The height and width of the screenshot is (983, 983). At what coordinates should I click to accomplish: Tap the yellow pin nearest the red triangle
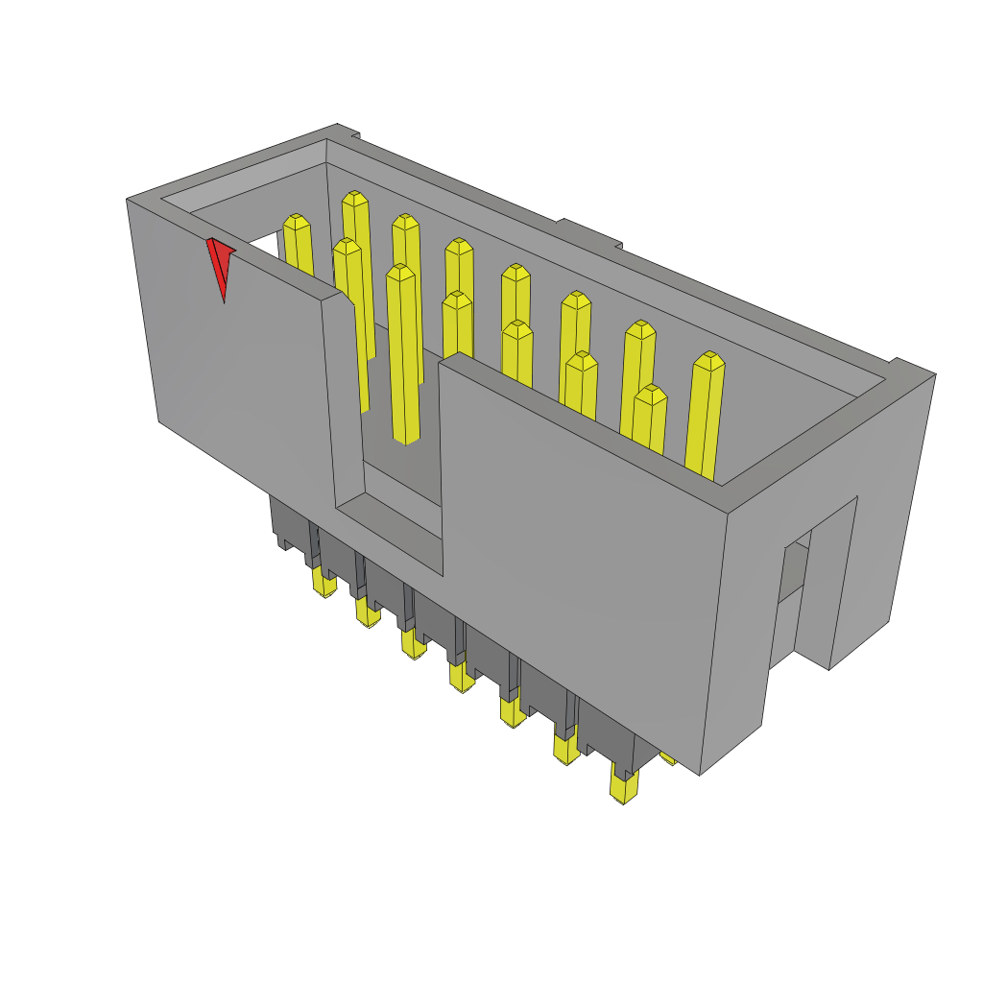(x=299, y=244)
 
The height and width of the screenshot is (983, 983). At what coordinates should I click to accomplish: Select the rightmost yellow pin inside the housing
(x=706, y=413)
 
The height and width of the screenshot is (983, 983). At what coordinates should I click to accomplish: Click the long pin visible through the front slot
(x=403, y=355)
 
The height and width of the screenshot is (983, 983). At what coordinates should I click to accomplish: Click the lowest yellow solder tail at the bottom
(x=625, y=788)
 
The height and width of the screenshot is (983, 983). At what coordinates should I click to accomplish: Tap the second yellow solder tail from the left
(x=367, y=612)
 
